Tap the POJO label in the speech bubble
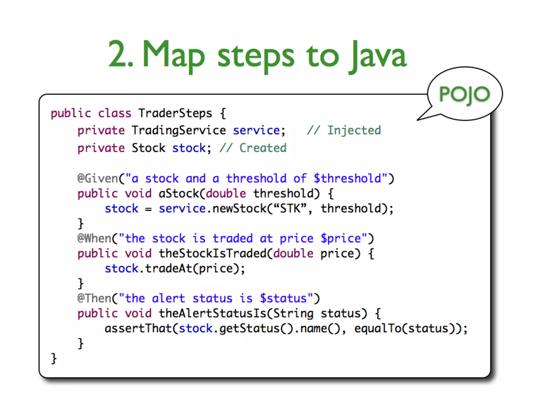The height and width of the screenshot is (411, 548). coord(465,94)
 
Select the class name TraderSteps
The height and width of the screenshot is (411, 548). coord(175,113)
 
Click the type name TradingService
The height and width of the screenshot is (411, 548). coord(179,131)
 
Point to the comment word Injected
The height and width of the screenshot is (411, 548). coord(354,130)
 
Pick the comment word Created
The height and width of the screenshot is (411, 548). coord(263,148)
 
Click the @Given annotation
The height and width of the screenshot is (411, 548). coord(98,178)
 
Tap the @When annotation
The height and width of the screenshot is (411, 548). coord(94,238)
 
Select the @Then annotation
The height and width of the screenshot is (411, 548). coord(94,298)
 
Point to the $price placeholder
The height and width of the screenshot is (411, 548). coord(340,238)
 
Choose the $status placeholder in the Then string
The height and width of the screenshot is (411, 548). coord(283,298)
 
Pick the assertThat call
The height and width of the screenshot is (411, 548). coord(138,328)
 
